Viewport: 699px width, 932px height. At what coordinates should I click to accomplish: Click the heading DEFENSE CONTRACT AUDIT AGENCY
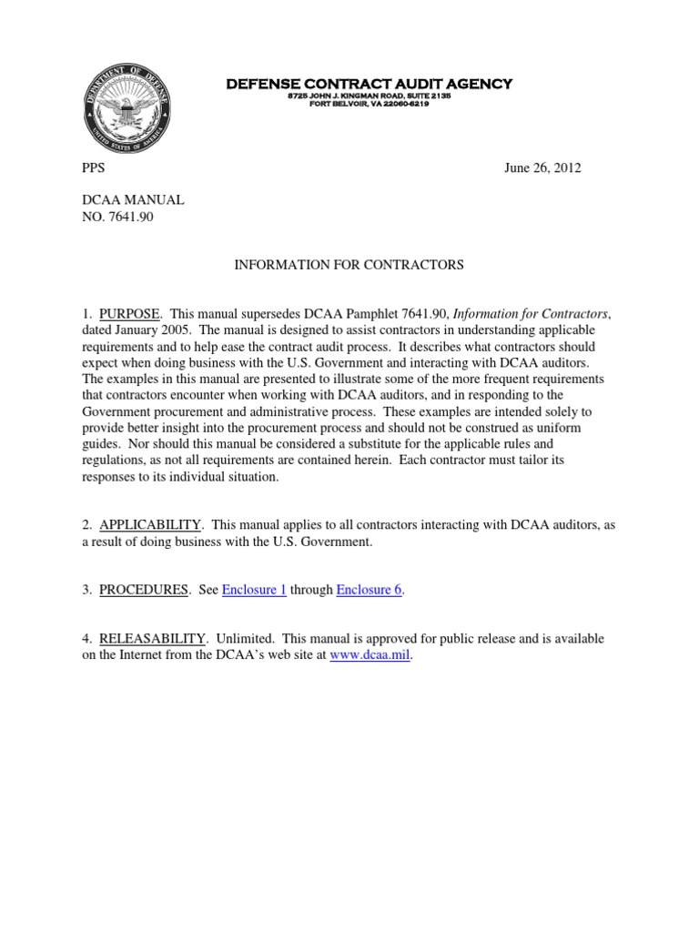369,84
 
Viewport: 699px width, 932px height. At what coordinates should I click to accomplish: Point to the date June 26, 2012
542,167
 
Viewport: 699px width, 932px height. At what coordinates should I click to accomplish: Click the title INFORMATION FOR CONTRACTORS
349,264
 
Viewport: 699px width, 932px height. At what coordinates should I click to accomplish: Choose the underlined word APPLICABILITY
150,526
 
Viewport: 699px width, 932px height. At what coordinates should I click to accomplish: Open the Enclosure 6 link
369,589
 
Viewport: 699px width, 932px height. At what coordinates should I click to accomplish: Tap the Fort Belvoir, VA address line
369,104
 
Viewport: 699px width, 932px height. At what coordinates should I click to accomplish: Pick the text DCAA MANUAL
120,199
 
